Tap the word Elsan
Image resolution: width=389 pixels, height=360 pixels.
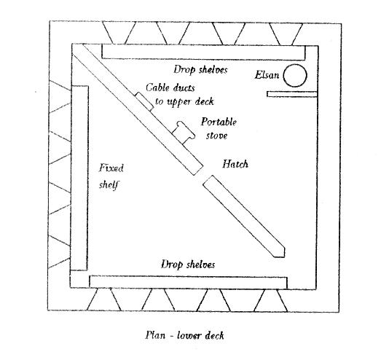pyautogui.click(x=267, y=75)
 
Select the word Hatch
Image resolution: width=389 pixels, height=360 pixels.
pyautogui.click(x=235, y=164)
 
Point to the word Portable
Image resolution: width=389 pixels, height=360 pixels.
pyautogui.click(x=219, y=122)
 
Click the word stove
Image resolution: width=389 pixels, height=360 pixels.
pyautogui.click(x=217, y=136)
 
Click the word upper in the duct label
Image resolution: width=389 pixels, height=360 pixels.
pyautogui.click(x=178, y=102)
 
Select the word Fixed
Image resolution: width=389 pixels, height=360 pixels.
pyautogui.click(x=111, y=168)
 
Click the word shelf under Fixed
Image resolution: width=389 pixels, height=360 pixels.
pyautogui.click(x=109, y=185)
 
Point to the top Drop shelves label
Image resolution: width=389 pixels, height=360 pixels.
pyautogui.click(x=200, y=70)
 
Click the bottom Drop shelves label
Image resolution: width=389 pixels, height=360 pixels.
pyautogui.click(x=188, y=265)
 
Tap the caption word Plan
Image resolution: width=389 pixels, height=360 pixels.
pyautogui.click(x=155, y=335)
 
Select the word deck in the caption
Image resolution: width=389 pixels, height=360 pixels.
pyautogui.click(x=214, y=336)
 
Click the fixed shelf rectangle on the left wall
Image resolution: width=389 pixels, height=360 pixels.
pyautogui.click(x=79, y=178)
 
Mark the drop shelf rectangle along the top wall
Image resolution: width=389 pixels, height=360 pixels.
pyautogui.click(x=203, y=52)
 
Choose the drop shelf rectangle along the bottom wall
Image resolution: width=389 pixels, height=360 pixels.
pyautogui.click(x=188, y=282)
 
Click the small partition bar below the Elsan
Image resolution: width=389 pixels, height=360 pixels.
pyautogui.click(x=292, y=94)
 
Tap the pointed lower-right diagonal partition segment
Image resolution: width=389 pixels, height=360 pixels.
pyautogui.click(x=244, y=216)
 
